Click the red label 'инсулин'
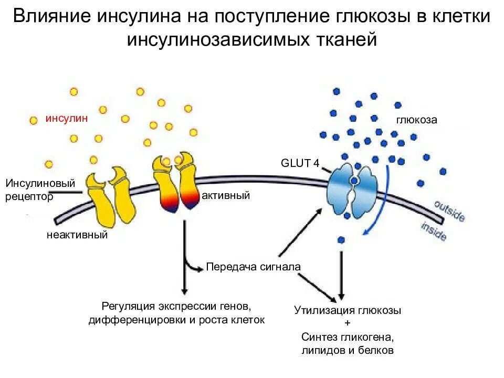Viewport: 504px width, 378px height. (66, 118)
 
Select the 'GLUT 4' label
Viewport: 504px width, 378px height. (300, 163)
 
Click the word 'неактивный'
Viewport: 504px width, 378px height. (77, 235)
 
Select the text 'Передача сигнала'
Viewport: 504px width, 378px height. (253, 267)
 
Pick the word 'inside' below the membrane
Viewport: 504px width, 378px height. (434, 232)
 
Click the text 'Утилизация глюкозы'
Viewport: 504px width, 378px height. (348, 310)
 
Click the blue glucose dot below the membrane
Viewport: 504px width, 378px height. (341, 240)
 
